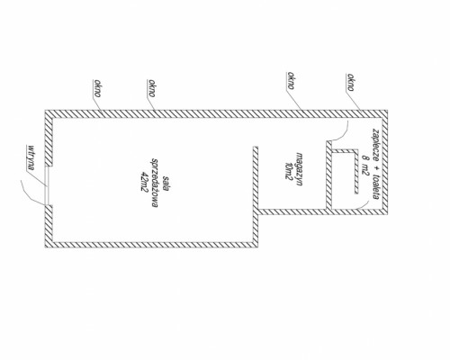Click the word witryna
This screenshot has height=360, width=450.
click(x=31, y=157)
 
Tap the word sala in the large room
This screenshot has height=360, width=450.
click(x=165, y=184)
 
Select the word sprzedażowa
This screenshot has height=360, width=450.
click(x=155, y=183)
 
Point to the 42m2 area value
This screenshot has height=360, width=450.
click(x=145, y=183)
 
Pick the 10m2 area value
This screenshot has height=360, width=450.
click(x=289, y=171)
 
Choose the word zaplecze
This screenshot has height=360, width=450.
click(x=375, y=141)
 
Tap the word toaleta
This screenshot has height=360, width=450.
click(x=375, y=187)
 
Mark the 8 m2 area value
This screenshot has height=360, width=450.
click(x=365, y=166)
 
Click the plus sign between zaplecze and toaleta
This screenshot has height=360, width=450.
click(x=375, y=166)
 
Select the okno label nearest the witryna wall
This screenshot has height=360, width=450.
click(x=97, y=88)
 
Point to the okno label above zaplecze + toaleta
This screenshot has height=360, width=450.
click(x=350, y=82)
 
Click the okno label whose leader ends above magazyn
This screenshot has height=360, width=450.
click(x=291, y=80)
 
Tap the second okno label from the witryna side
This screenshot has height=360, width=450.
click(x=151, y=88)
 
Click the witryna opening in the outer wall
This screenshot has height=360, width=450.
click(x=47, y=185)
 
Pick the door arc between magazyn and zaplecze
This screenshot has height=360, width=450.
click(x=344, y=134)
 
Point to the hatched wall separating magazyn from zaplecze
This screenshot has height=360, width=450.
click(x=329, y=175)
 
